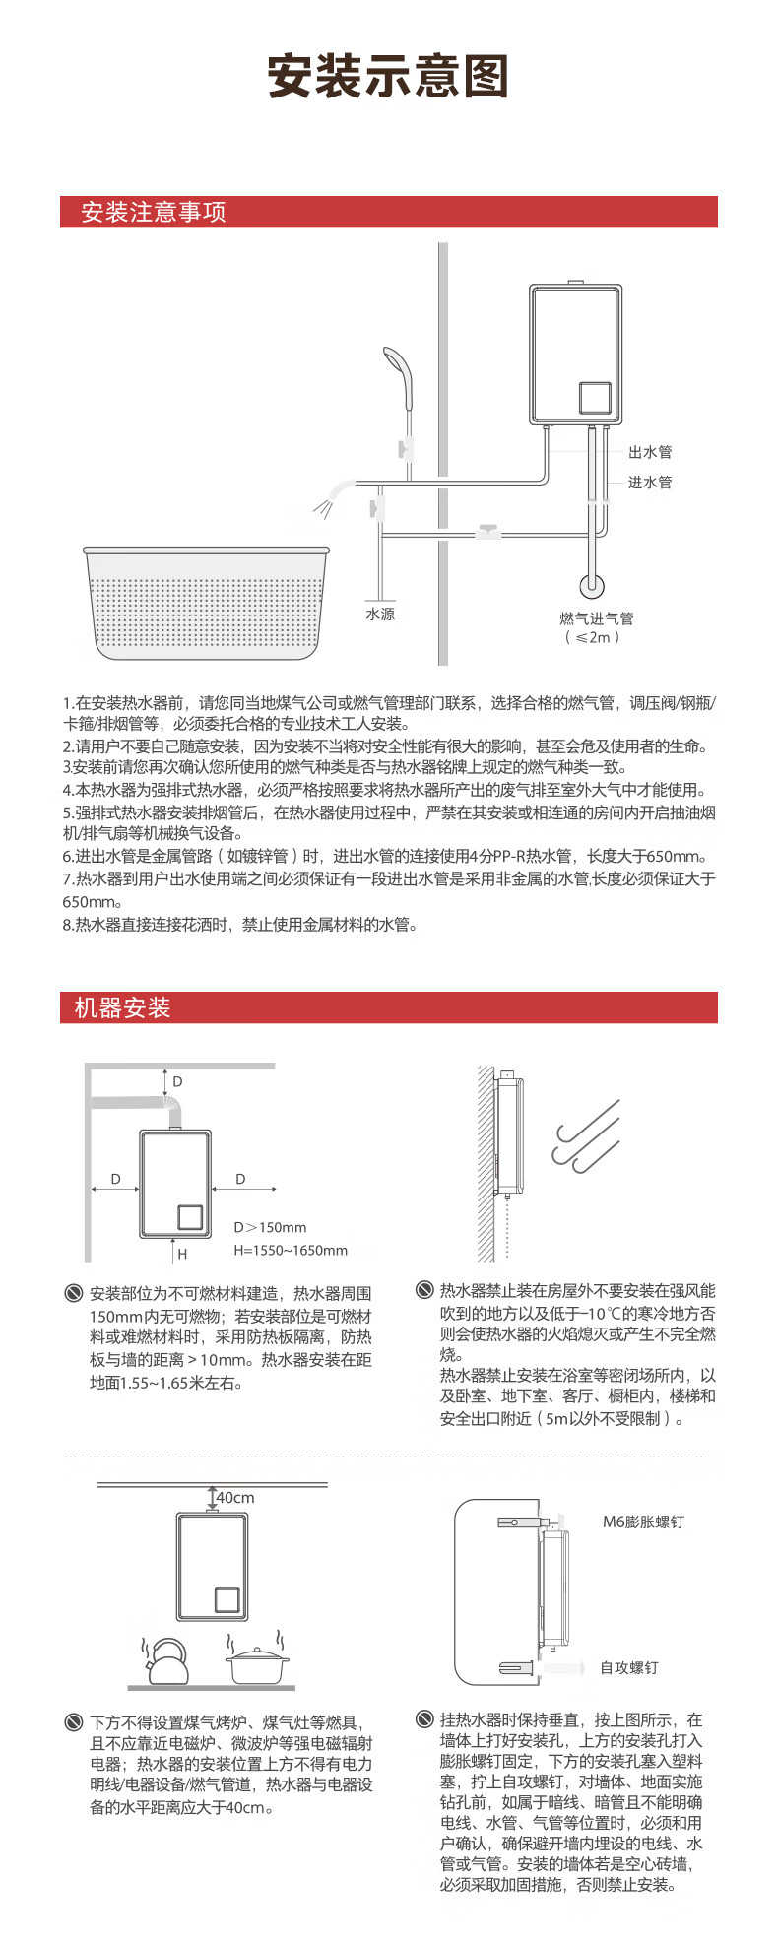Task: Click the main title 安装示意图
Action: pyautogui.click(x=388, y=77)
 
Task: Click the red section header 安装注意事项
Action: pyautogui.click(x=154, y=212)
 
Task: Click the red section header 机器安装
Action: pyautogui.click(x=123, y=1007)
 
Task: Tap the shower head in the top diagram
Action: pyautogui.click(x=398, y=366)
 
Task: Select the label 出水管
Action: pyautogui.click(x=650, y=452)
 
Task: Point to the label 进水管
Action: pyautogui.click(x=650, y=482)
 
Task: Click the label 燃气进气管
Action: pyautogui.click(x=596, y=618)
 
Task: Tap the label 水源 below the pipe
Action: pyautogui.click(x=380, y=614)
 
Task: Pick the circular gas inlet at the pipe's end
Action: pyautogui.click(x=592, y=584)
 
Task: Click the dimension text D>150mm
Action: pyautogui.click(x=270, y=1227)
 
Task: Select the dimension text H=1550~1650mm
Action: pyautogui.click(x=291, y=1250)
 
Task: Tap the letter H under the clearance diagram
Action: pyautogui.click(x=182, y=1255)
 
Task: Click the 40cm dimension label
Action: pyautogui.click(x=234, y=1498)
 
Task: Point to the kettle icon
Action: pyautogui.click(x=166, y=1660)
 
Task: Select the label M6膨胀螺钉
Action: pyautogui.click(x=643, y=1522)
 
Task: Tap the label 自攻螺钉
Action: pyautogui.click(x=628, y=1667)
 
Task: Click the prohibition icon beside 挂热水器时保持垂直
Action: pyautogui.click(x=424, y=1719)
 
